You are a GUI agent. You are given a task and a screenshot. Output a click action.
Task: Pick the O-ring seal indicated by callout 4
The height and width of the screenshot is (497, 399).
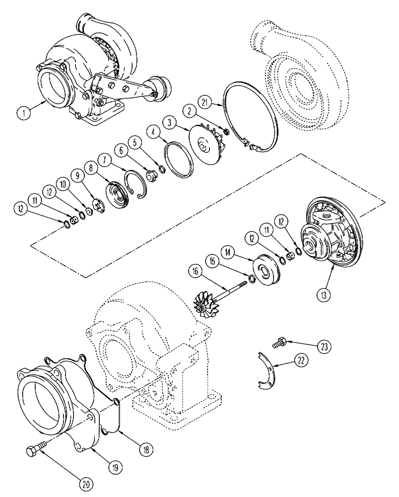(178, 158)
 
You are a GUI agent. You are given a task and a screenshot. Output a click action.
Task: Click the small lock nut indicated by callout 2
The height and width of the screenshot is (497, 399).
(225, 132)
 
